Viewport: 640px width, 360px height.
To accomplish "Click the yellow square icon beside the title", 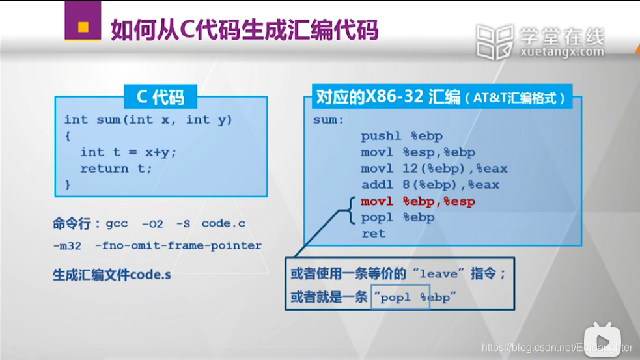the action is click(83, 27).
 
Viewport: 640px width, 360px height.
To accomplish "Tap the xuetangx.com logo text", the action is click(562, 52).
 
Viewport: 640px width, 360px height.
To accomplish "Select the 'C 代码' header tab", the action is click(160, 98).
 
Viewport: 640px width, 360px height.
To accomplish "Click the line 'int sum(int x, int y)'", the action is click(148, 120).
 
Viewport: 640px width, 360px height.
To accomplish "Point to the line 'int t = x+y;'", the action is click(128, 152).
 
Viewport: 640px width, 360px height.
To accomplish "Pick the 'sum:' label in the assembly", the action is click(328, 120).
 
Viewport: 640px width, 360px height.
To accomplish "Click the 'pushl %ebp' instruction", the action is click(402, 136).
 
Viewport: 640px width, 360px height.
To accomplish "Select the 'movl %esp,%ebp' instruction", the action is click(418, 152).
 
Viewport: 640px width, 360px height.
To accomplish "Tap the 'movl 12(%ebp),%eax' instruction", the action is click(434, 169).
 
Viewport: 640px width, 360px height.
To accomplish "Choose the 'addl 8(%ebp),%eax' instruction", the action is click(430, 185).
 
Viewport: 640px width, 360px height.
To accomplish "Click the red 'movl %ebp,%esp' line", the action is click(418, 201).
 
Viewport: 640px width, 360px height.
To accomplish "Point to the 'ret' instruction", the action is click(373, 234).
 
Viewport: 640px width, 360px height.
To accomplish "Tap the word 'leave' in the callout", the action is click(438, 274).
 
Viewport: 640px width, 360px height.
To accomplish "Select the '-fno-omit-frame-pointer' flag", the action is click(178, 246).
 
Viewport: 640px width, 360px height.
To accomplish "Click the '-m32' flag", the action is click(65, 246).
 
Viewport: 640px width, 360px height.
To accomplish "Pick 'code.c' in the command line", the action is click(223, 223).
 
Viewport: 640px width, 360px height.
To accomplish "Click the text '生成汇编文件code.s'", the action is click(112, 274).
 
